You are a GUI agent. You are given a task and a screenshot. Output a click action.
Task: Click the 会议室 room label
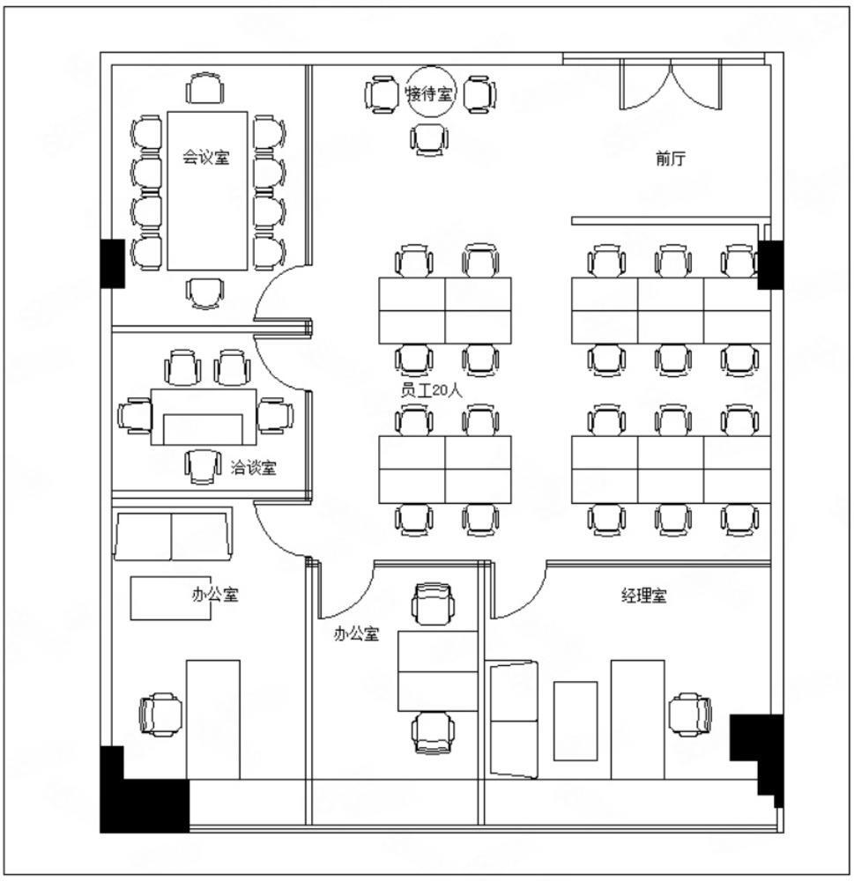pos(205,157)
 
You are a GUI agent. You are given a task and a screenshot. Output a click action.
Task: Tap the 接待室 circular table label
pos(429,93)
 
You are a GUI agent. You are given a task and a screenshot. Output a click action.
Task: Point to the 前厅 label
pos(670,159)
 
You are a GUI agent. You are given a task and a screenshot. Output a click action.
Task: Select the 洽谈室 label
pos(254,467)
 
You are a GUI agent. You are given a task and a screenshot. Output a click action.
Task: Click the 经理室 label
pos(644,595)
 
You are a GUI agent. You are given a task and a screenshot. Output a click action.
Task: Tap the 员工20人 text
pos(431,390)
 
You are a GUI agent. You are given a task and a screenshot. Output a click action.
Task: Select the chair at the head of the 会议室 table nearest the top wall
pos(205,88)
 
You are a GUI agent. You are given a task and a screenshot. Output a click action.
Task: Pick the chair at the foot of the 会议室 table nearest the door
pos(204,293)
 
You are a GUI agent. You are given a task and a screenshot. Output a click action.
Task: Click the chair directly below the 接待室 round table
pos(429,139)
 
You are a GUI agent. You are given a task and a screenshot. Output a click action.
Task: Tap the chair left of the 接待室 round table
pos(382,94)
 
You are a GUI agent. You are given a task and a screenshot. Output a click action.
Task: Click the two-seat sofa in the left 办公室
pos(173,535)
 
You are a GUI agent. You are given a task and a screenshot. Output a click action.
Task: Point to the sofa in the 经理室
pos(513,720)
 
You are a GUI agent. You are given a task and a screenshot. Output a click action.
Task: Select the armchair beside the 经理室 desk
pos(690,714)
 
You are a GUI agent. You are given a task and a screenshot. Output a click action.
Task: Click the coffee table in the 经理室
pos(576,721)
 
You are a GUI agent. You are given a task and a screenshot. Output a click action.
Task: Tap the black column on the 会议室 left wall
pos(113,263)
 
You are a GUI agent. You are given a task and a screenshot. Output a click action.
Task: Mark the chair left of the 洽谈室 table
pos(135,416)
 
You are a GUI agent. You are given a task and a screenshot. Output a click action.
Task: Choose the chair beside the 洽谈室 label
pos(202,466)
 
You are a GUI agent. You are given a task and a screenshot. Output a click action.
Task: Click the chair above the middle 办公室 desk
pos(433,604)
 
